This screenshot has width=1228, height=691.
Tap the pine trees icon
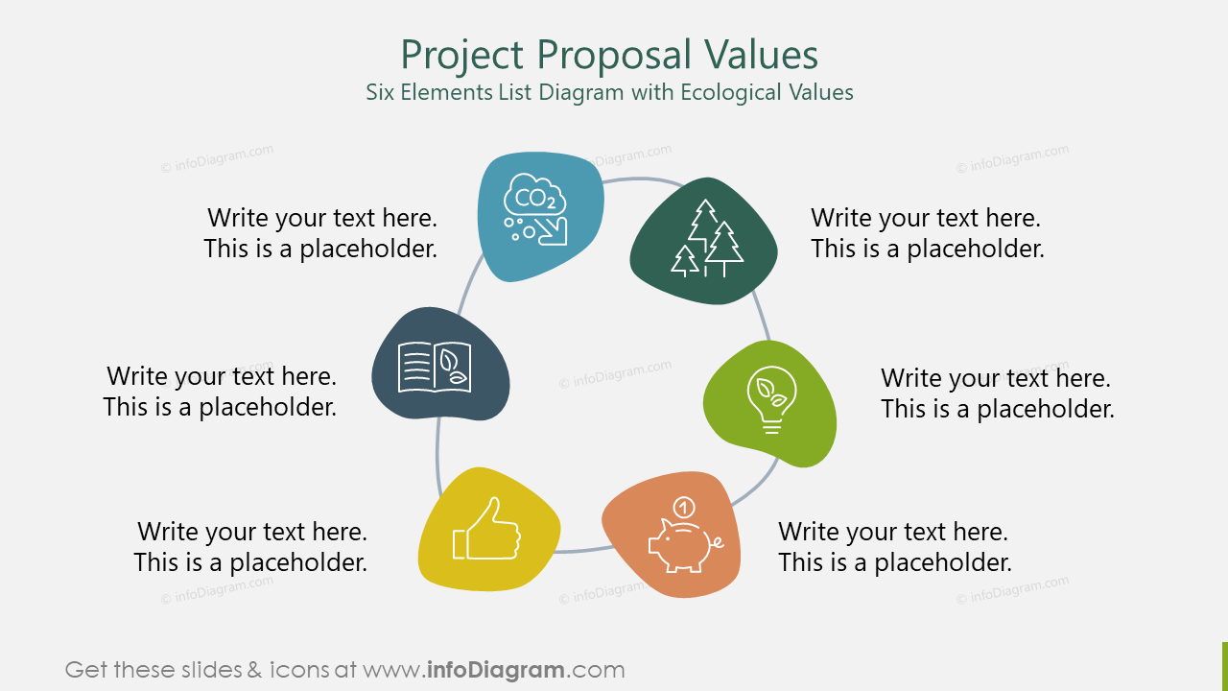[708, 239]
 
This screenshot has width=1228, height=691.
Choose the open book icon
[435, 368]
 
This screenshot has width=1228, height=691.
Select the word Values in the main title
[765, 55]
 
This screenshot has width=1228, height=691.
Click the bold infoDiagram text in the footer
[494, 670]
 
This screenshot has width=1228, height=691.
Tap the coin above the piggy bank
[684, 505]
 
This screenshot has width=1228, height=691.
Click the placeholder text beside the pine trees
[927, 233]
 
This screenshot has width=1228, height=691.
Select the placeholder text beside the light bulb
[997, 393]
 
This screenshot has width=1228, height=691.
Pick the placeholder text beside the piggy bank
[894, 546]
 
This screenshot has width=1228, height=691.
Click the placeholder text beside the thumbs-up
[250, 546]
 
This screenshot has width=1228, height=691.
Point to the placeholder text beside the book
[220, 391]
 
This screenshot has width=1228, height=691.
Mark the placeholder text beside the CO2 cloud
[320, 233]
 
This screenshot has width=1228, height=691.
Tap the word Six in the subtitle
[381, 93]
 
